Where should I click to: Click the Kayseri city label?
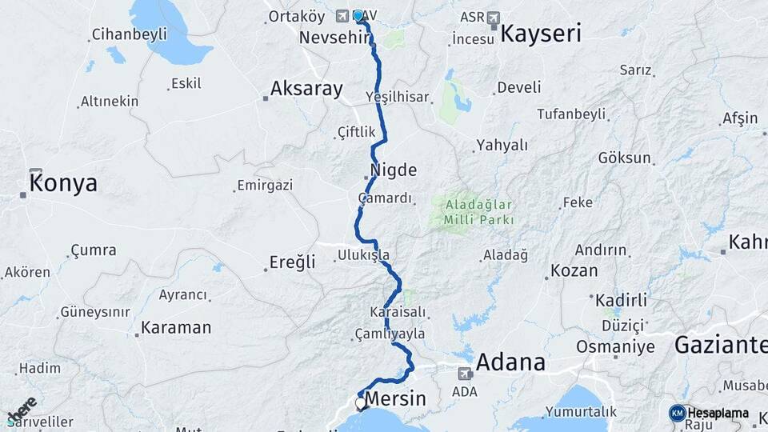pyautogui.click(x=541, y=34)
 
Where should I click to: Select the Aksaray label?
pyautogui.click(x=306, y=89)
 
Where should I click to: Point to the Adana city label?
pyautogui.click(x=510, y=362)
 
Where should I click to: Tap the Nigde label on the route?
pyautogui.click(x=394, y=170)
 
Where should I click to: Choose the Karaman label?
pyautogui.click(x=176, y=328)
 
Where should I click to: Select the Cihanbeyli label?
pyautogui.click(x=130, y=34)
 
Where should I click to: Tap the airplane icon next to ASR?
pyautogui.click(x=494, y=17)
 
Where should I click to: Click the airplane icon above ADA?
pyautogui.click(x=465, y=373)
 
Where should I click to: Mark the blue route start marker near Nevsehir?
pyautogui.click(x=358, y=15)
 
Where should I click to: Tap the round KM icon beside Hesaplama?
pyautogui.click(x=677, y=413)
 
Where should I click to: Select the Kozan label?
pyautogui.click(x=574, y=271)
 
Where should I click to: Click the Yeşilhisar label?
pyautogui.click(x=398, y=97)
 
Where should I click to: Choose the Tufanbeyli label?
pyautogui.click(x=571, y=114)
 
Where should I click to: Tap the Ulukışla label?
pyautogui.click(x=363, y=255)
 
